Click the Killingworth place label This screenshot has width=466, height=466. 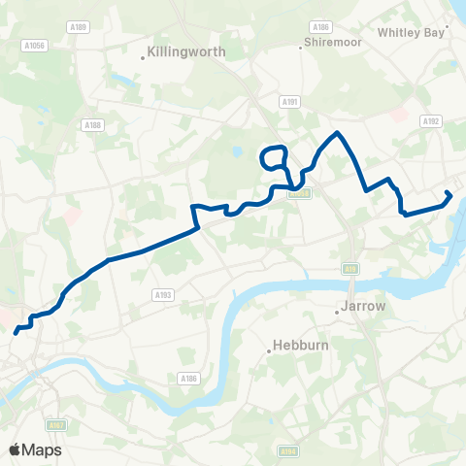[x=186, y=52]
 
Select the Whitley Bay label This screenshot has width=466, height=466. [x=409, y=32]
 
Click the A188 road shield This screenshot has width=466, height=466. [x=93, y=124]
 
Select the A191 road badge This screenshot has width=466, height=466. [x=288, y=100]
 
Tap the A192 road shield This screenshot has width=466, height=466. [x=431, y=121]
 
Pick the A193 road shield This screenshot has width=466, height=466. [x=162, y=294]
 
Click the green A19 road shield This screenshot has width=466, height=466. [x=349, y=269]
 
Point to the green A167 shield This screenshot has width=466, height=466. [x=57, y=424]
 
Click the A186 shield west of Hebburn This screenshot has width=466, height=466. [x=188, y=379]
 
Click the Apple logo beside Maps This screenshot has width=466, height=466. [x=15, y=449]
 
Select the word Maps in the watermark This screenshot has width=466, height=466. [x=43, y=449]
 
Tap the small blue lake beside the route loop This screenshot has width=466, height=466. [x=238, y=152]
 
